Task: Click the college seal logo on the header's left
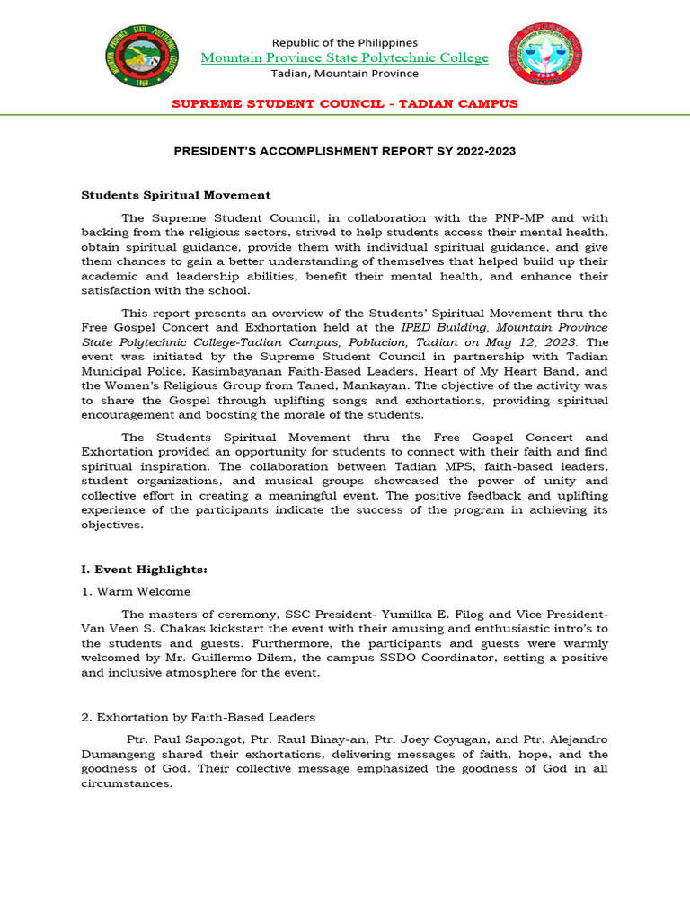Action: [x=140, y=56]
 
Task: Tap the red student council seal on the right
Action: [x=545, y=56]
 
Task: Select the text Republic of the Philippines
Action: [x=345, y=42]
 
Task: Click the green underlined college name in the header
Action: [x=345, y=58]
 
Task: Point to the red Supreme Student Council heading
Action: [x=345, y=103]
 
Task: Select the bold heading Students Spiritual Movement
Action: [x=176, y=195]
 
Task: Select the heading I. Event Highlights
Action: [x=144, y=570]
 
